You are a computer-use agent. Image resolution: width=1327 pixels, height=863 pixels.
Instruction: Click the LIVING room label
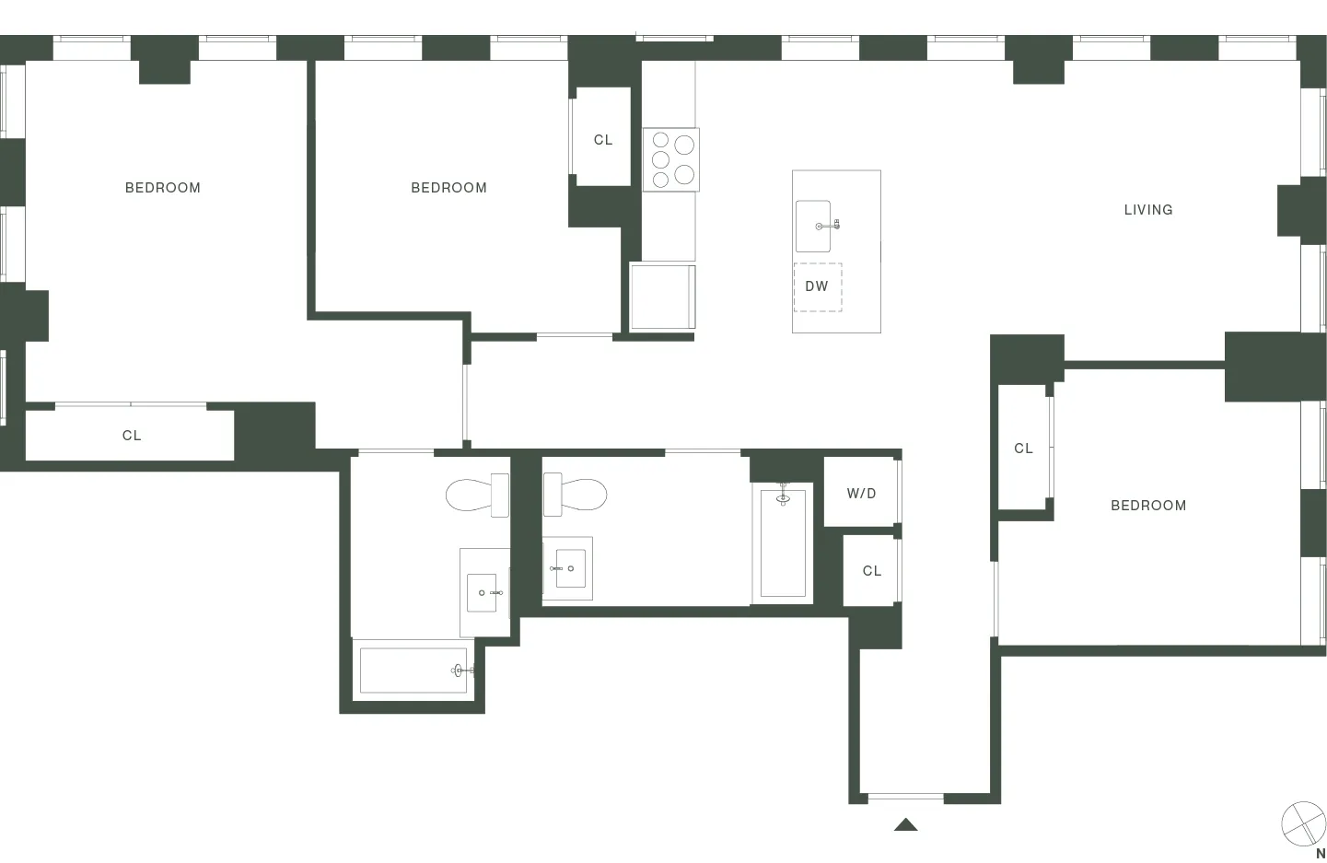pyautogui.click(x=1148, y=210)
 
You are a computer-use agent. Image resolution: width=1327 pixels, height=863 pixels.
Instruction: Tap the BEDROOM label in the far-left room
pyautogui.click(x=163, y=188)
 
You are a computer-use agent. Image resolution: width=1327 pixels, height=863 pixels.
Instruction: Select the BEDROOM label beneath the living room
pyautogui.click(x=1148, y=506)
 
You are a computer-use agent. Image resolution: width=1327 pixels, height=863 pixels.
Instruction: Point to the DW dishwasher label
pyautogui.click(x=817, y=286)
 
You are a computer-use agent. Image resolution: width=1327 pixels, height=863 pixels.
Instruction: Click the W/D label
pyautogui.click(x=862, y=494)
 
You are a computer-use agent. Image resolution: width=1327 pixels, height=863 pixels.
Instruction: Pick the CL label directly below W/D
pyautogui.click(x=872, y=571)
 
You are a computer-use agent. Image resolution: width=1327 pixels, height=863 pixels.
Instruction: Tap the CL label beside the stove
pyautogui.click(x=603, y=140)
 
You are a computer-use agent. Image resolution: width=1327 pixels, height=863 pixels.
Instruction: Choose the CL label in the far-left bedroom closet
pyautogui.click(x=132, y=436)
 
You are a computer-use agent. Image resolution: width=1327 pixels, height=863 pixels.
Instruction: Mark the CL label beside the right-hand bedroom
pyautogui.click(x=1023, y=449)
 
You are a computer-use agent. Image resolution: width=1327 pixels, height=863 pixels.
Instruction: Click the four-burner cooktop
pyautogui.click(x=671, y=159)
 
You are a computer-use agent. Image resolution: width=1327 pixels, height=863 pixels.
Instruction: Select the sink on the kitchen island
pyautogui.click(x=814, y=226)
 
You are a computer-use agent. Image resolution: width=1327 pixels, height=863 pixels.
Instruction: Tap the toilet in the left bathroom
pyautogui.click(x=478, y=496)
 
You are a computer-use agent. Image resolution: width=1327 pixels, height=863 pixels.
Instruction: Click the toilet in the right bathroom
pyautogui.click(x=576, y=495)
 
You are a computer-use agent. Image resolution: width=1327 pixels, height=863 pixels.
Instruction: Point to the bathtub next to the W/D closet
pyautogui.click(x=783, y=542)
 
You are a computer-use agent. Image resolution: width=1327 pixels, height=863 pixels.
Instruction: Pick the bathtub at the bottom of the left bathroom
pyautogui.click(x=413, y=671)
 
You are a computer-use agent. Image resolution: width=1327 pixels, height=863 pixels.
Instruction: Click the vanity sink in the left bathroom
pyautogui.click(x=483, y=593)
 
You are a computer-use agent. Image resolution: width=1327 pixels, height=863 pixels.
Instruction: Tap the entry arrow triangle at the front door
pyautogui.click(x=906, y=825)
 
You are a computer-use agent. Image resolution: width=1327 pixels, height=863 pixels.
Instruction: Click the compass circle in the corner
pyautogui.click(x=1303, y=822)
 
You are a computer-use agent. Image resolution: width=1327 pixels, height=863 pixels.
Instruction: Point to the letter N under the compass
pyautogui.click(x=1320, y=854)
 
